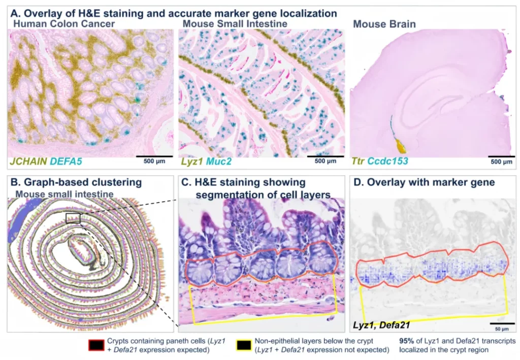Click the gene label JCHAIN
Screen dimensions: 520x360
(x=28, y=161)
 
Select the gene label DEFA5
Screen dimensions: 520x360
(x=66, y=161)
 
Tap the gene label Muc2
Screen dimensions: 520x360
(x=218, y=161)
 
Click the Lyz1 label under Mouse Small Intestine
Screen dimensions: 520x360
(x=191, y=161)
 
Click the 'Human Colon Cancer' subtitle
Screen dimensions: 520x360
(x=64, y=24)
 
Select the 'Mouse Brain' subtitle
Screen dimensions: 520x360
(x=384, y=24)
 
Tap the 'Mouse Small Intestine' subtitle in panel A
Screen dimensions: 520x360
(x=235, y=24)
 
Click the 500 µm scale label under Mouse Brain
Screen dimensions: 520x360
(x=501, y=162)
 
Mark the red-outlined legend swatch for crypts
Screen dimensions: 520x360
(x=96, y=345)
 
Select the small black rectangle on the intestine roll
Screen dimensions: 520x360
(x=73, y=218)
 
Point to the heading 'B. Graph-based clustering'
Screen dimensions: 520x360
(x=76, y=182)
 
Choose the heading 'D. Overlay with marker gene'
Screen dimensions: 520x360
(x=424, y=182)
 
